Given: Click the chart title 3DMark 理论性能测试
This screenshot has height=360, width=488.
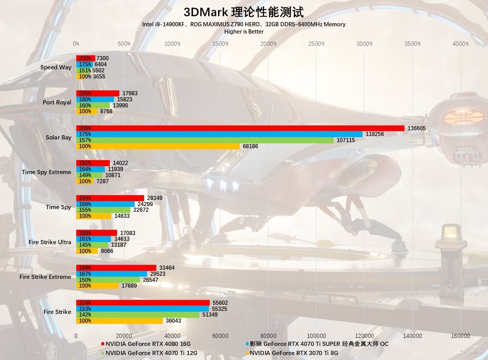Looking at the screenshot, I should [244, 12].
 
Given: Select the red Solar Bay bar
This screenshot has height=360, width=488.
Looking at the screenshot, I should [240, 128].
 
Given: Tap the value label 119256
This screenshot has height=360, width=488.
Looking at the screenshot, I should [375, 134].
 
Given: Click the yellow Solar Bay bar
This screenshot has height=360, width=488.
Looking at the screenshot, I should [158, 146].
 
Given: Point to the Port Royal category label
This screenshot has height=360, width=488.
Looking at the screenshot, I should [57, 102].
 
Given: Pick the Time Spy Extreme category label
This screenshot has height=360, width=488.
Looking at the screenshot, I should [46, 172].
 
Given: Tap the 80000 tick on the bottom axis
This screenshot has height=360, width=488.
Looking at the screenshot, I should [268, 336].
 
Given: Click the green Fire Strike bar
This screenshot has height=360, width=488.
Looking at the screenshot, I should [138, 315].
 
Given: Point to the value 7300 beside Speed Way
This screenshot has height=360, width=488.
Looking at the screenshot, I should [103, 58].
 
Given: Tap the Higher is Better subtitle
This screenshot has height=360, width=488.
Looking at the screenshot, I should [244, 32].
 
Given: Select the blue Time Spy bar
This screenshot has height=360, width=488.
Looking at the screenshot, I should [105, 204].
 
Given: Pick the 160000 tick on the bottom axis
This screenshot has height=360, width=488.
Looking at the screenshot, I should [460, 336].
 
